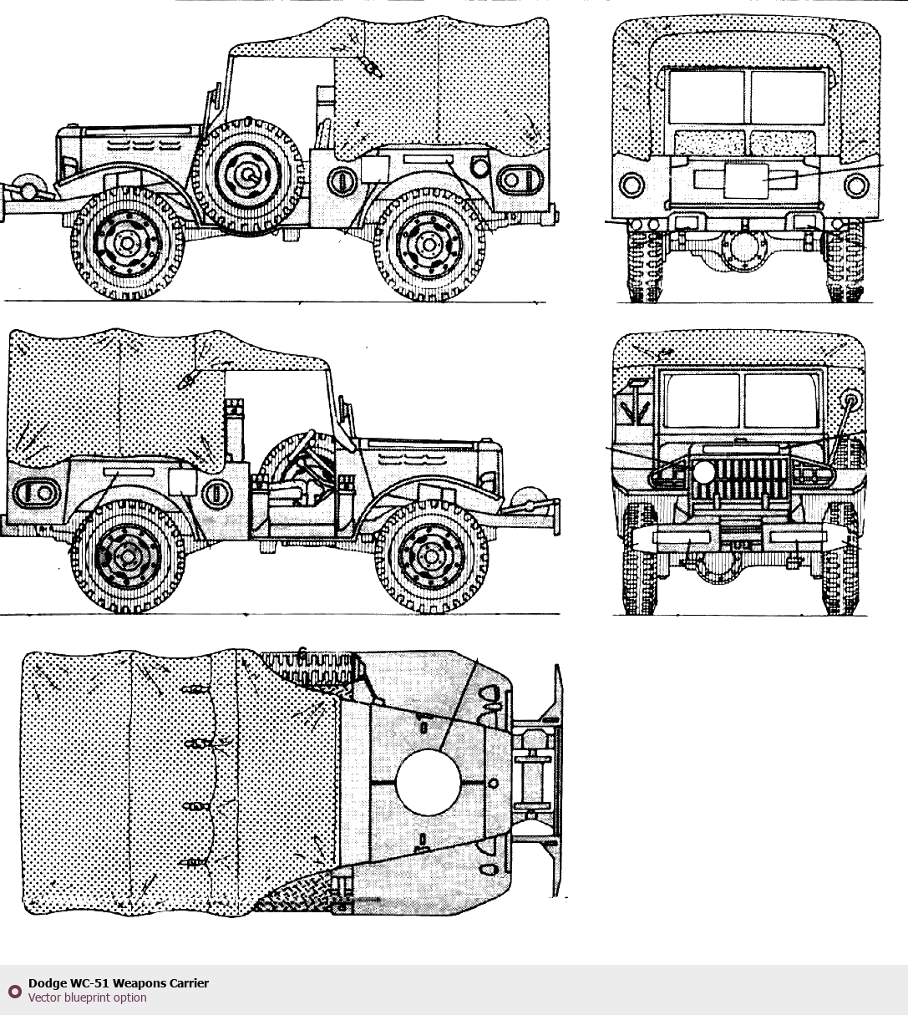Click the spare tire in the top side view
[x=248, y=175]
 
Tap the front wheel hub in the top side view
[x=127, y=243]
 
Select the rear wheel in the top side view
[x=429, y=244]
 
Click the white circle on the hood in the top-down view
[x=428, y=781]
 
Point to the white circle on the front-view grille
[x=704, y=472]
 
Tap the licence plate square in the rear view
[x=745, y=181]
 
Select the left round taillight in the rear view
[x=632, y=185]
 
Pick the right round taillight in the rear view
[x=856, y=185]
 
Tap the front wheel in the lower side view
[x=433, y=556]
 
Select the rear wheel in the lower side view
[x=128, y=556]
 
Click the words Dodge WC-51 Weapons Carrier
[x=119, y=983]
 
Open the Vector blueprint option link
[x=87, y=997]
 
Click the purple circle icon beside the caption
[x=14, y=992]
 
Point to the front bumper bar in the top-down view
[x=555, y=781]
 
